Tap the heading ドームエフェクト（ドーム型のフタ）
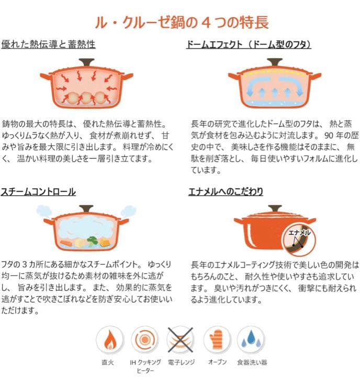pos(249,45)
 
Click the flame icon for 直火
pos(110,340)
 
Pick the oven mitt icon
pos(216,340)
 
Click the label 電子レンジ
pos(180,362)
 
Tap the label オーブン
pos(216,362)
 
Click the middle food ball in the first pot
pos(87,96)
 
